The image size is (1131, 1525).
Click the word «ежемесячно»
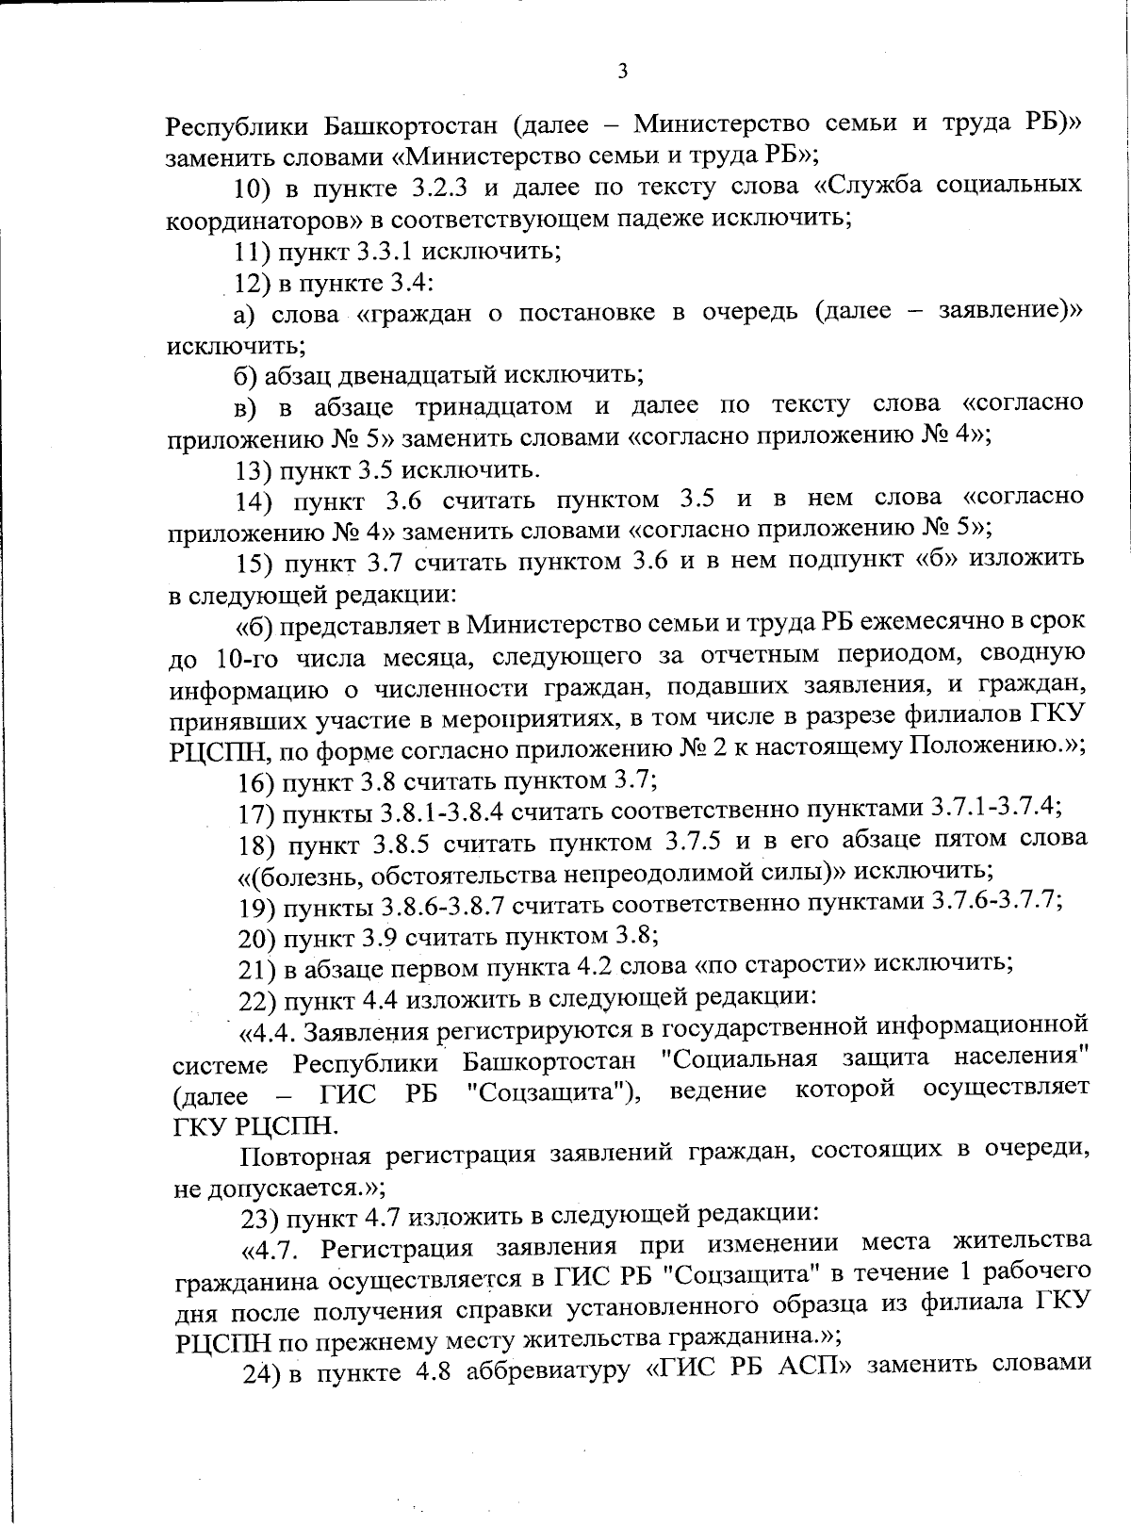pyautogui.click(x=940, y=621)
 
